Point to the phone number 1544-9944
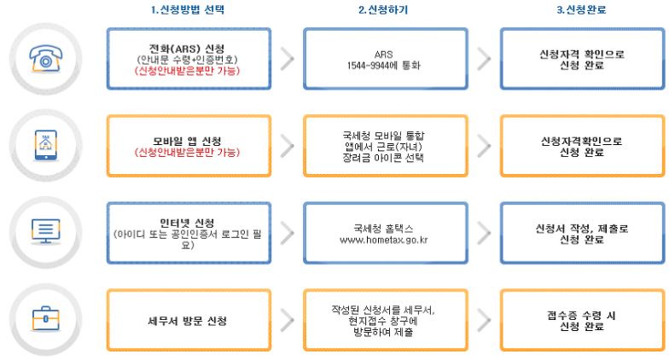click(375, 64)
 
